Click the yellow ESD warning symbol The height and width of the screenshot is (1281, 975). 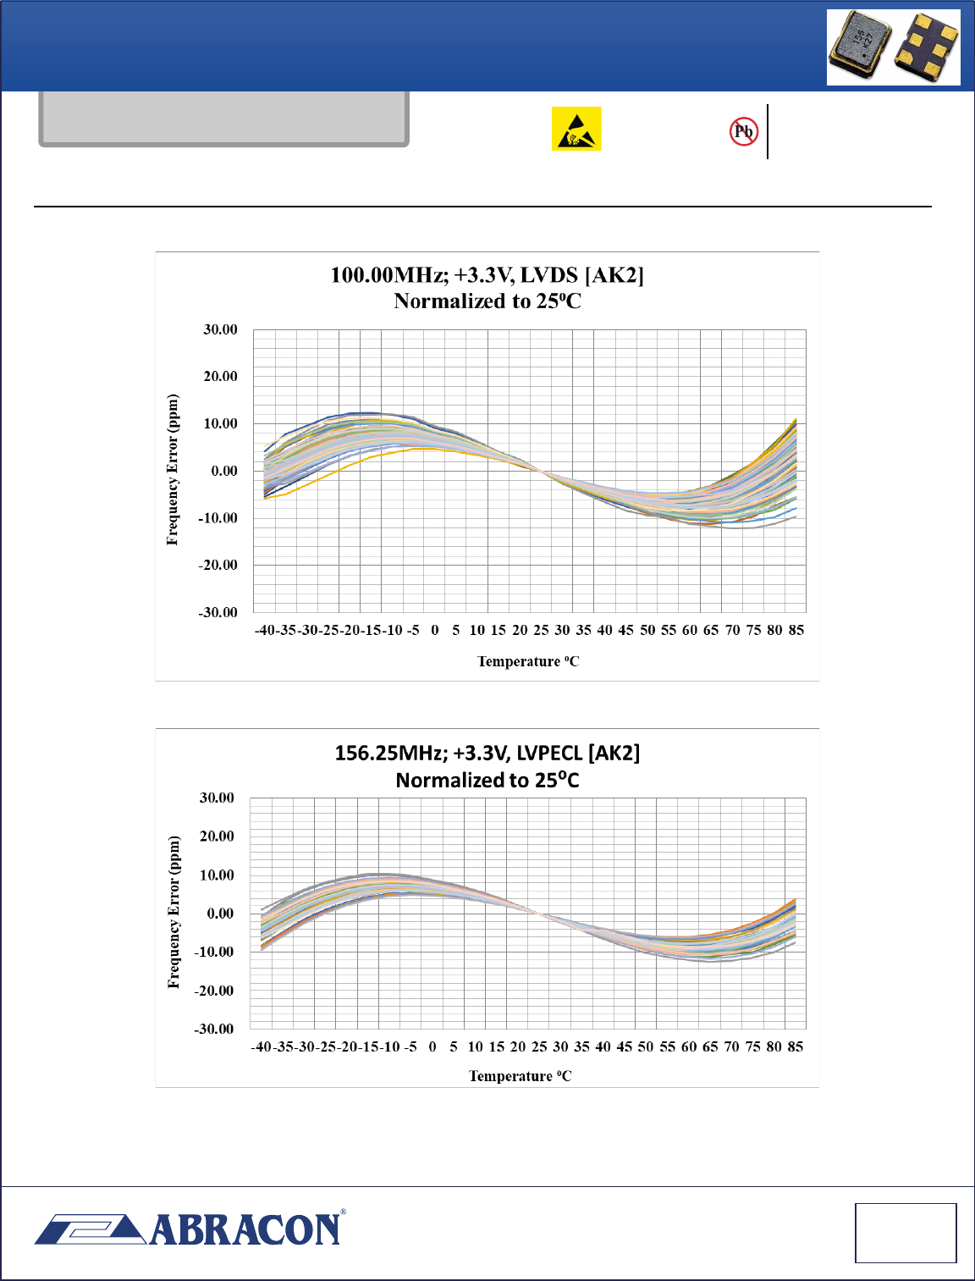click(x=576, y=129)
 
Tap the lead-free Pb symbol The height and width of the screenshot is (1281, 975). click(x=743, y=131)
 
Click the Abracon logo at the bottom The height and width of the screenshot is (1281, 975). click(x=190, y=1229)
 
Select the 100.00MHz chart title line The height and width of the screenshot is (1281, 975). click(x=487, y=275)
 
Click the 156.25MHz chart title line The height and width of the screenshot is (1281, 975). click(x=487, y=753)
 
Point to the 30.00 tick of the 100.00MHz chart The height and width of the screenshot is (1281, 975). click(x=220, y=329)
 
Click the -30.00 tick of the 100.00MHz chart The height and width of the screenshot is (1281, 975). click(x=218, y=612)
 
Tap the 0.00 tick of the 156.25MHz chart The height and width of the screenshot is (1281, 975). click(x=220, y=914)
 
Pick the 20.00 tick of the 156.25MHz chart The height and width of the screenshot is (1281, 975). click(x=217, y=837)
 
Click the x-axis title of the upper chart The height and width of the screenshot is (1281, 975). click(x=528, y=661)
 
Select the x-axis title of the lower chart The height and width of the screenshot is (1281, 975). click(x=520, y=1076)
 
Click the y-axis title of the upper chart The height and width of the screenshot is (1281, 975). click(x=173, y=469)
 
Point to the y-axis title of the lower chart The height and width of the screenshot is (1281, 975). click(x=174, y=912)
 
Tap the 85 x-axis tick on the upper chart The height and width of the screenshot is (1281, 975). click(x=796, y=630)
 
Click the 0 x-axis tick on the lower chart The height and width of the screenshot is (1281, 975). click(x=432, y=1046)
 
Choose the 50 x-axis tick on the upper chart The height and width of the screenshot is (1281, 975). click(x=647, y=630)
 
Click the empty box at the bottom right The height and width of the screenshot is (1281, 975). click(x=906, y=1233)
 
